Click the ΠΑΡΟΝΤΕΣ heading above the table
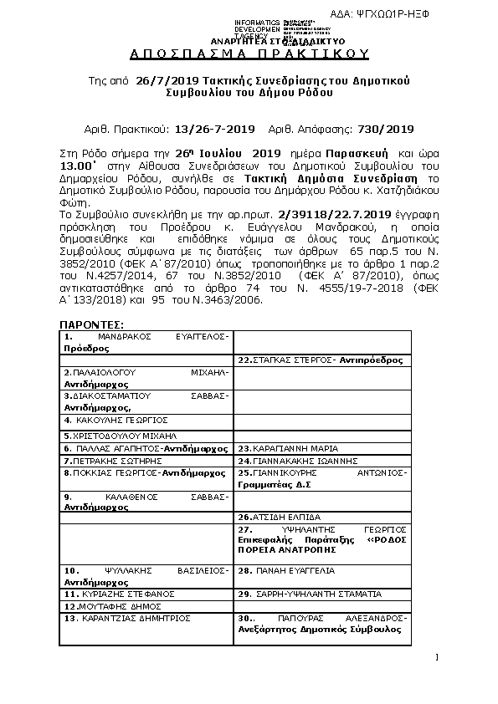[92, 324]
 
